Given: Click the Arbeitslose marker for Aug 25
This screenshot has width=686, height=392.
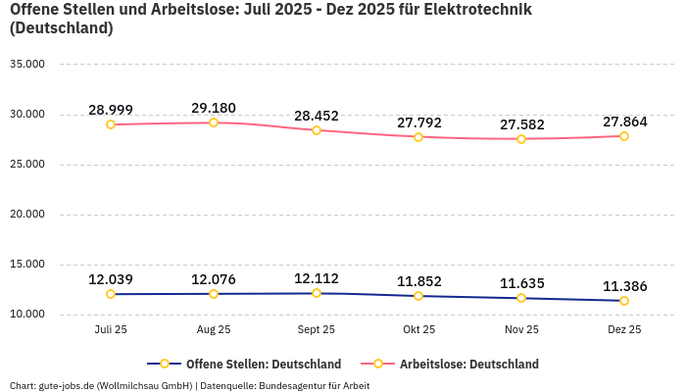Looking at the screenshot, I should click(214, 122).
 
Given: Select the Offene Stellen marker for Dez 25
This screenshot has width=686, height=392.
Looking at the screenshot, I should click(624, 301).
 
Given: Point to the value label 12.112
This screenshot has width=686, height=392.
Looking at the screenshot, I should click(317, 278).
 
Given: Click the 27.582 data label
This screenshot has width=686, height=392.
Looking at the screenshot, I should click(521, 124).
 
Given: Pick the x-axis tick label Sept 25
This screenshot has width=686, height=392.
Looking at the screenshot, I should click(317, 330).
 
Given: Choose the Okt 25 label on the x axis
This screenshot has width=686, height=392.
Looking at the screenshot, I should click(418, 330).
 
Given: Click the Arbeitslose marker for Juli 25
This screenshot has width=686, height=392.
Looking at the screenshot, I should click(111, 124).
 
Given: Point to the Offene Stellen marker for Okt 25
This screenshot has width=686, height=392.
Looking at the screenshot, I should click(418, 296).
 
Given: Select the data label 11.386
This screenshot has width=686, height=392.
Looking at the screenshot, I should click(624, 286).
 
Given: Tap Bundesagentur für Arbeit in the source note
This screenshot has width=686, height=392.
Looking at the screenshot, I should click(314, 386).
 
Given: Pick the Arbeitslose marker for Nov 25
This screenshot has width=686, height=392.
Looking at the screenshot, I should click(521, 139).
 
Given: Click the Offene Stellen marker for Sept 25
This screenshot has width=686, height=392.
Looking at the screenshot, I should click(317, 293).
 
